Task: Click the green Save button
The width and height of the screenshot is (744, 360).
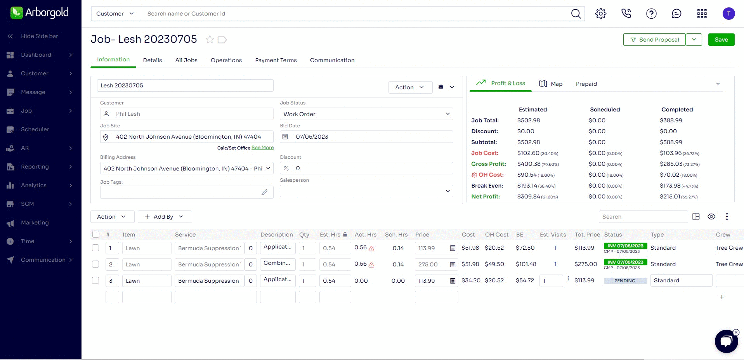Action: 721,40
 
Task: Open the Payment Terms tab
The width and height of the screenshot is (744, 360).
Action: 276,60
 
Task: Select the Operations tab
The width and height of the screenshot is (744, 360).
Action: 226,60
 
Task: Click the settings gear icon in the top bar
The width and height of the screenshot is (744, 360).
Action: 600,14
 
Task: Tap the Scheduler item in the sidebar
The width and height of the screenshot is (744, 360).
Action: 35,129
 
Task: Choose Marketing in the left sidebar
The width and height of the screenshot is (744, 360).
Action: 35,223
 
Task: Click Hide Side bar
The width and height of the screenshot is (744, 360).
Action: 39,36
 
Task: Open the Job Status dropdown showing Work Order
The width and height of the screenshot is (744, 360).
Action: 366,114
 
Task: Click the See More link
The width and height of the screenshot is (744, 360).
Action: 262,148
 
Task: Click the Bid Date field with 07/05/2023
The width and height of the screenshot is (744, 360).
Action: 366,137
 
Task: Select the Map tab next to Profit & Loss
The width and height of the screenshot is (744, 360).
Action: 551,84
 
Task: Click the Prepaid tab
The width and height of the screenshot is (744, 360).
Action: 586,84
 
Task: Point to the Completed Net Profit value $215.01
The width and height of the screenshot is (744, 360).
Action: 670,197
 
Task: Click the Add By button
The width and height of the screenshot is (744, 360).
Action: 165,217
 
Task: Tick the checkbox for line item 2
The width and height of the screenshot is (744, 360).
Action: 95,264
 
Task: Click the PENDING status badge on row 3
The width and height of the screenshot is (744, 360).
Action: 625,281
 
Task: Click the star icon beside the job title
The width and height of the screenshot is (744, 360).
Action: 210,40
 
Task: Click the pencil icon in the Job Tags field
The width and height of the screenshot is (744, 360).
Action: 264,192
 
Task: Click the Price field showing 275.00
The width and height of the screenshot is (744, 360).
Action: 431,264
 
